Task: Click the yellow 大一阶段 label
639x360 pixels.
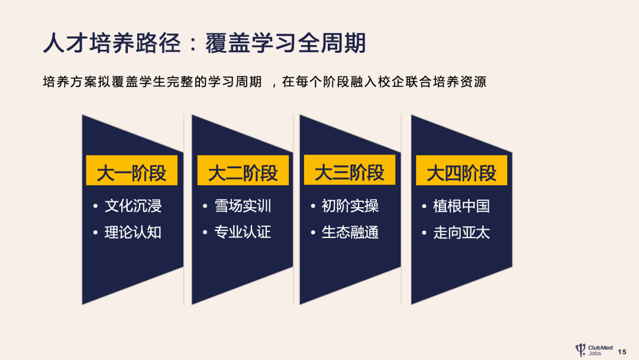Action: point(131,173)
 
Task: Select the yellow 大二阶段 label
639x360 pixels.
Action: point(243,173)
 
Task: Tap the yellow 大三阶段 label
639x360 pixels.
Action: point(349,173)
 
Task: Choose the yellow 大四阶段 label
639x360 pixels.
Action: point(461,173)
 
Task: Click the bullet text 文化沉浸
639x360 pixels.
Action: point(133,206)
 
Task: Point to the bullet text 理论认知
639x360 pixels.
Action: point(133,232)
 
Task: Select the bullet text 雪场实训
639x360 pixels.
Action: point(243,206)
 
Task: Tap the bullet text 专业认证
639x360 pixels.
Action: point(243,232)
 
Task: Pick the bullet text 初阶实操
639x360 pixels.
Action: point(350,206)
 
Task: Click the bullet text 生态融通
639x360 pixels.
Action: point(350,232)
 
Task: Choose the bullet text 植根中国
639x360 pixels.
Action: point(461,206)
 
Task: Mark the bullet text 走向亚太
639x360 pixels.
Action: point(461,232)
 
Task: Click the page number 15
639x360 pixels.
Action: point(622,352)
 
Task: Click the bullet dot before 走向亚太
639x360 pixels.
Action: point(424,233)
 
